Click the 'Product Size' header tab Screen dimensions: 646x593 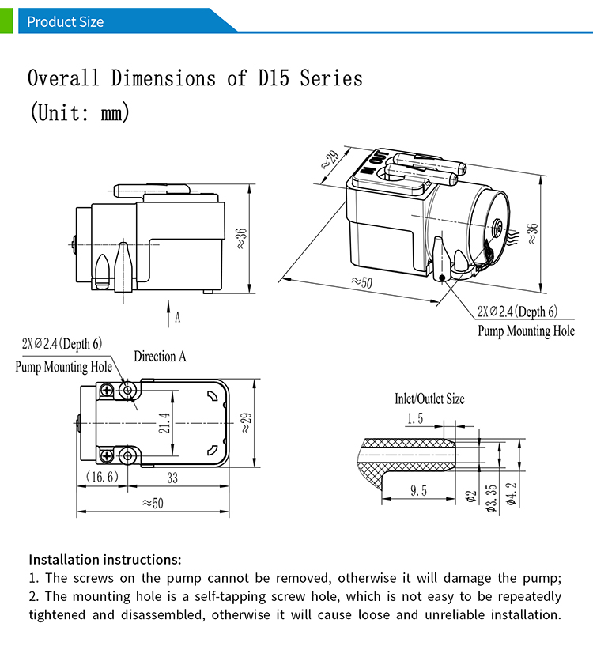[65, 21]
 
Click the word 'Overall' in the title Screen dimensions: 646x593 [62, 79]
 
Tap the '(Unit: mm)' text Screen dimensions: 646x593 [79, 112]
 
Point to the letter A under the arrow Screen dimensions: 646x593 [178, 317]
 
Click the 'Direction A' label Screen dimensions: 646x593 [160, 357]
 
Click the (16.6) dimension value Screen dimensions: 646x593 [101, 477]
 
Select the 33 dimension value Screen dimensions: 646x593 [172, 477]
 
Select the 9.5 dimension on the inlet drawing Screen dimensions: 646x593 [419, 491]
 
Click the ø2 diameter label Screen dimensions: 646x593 [470, 496]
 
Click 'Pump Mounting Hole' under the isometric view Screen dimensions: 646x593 [526, 331]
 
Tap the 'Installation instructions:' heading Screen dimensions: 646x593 [105, 559]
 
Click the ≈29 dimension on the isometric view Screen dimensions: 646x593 [330, 161]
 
